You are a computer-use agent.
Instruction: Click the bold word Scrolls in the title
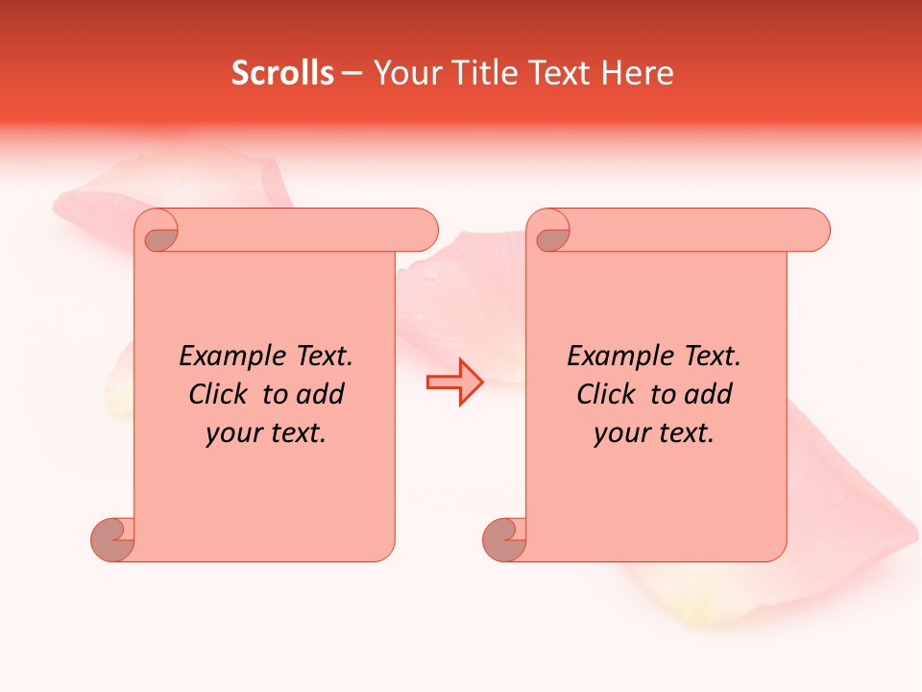(x=282, y=73)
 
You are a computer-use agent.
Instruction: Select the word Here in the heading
(x=637, y=73)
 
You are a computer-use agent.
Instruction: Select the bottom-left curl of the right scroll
(x=504, y=539)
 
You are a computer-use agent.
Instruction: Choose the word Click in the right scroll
(x=605, y=394)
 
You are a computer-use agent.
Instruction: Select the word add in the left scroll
(x=320, y=394)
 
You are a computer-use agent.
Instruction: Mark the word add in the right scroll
(x=708, y=394)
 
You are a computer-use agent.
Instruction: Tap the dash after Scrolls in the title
(x=352, y=74)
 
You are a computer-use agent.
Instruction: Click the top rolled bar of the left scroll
(x=307, y=230)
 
